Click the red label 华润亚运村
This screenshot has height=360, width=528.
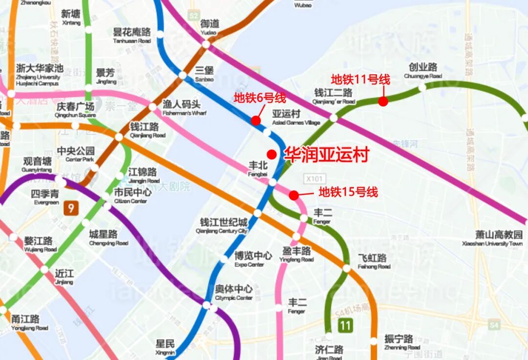[x=326, y=155]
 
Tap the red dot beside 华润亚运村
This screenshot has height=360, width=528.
[x=272, y=154]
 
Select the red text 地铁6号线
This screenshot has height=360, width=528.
[x=260, y=98]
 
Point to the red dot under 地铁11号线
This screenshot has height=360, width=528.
[x=383, y=101]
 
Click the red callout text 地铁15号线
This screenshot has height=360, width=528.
[x=348, y=192]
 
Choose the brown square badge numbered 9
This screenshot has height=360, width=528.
[x=71, y=209]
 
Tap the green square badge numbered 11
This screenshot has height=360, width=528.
[x=346, y=325]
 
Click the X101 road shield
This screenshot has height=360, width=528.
[x=314, y=179]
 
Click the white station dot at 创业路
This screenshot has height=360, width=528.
[x=422, y=88]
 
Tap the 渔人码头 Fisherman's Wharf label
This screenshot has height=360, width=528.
[x=181, y=107]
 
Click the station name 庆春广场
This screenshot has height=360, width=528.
[x=75, y=109]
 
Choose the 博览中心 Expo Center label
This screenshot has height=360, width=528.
[x=253, y=258]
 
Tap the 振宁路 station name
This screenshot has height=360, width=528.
[x=399, y=341]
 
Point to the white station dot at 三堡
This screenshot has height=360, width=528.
[x=182, y=75]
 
